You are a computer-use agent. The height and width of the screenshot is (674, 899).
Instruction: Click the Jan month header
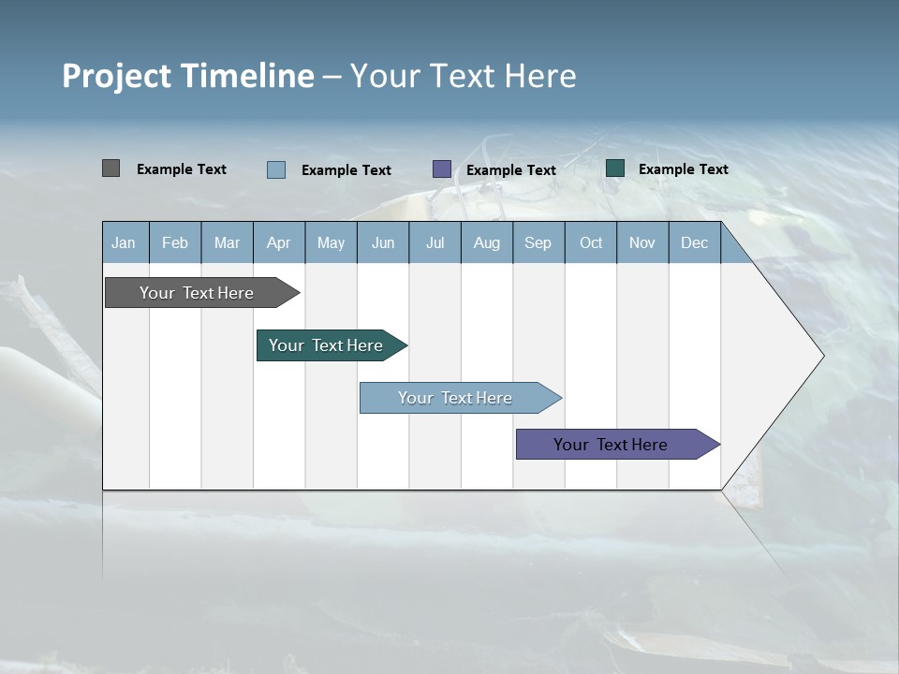tap(124, 242)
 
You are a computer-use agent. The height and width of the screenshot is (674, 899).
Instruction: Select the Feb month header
tap(175, 242)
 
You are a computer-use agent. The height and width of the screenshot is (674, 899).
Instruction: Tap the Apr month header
tap(279, 242)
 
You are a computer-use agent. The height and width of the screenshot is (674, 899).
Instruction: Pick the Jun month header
tap(383, 242)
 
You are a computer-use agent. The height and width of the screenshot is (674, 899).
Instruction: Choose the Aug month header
tap(487, 242)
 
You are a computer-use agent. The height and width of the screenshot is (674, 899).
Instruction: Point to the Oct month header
tap(591, 242)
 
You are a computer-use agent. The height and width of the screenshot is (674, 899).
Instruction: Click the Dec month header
tap(695, 242)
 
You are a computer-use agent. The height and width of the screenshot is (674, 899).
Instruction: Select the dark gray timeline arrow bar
tap(197, 293)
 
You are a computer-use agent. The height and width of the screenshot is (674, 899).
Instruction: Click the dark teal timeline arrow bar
tap(326, 345)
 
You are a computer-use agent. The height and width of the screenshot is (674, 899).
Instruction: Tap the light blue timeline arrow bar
tap(455, 398)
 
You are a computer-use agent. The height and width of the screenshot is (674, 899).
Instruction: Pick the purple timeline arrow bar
tap(611, 445)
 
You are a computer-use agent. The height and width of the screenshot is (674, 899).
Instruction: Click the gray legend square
tap(111, 168)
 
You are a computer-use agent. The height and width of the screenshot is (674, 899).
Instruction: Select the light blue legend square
tap(276, 169)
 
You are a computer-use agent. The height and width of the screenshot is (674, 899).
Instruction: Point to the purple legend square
tap(442, 168)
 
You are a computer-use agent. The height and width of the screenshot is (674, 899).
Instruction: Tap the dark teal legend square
tap(615, 168)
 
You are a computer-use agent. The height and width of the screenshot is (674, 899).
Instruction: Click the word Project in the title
tap(116, 76)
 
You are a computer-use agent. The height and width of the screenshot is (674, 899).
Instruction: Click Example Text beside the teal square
tap(683, 169)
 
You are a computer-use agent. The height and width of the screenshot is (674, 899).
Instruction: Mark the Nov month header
tap(642, 242)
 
